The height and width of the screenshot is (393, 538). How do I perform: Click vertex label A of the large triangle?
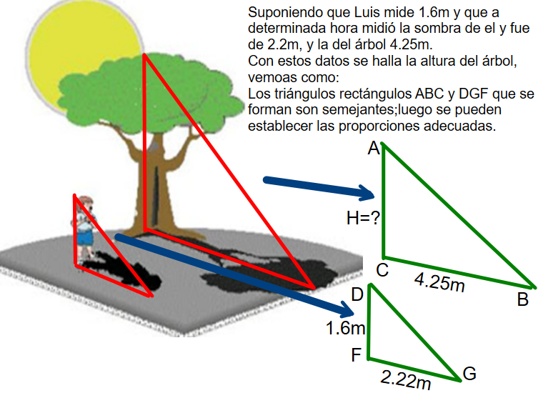coord(374,149)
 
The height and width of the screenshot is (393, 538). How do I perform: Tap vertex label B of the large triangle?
coord(523,299)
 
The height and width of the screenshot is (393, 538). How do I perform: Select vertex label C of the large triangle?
coord(382,270)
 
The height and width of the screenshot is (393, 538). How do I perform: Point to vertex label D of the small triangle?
coord(357,294)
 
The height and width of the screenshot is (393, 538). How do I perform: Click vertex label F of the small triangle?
coord(357,355)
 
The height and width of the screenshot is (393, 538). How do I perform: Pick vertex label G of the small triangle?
coord(469,374)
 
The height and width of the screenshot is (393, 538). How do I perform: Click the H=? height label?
coord(364,218)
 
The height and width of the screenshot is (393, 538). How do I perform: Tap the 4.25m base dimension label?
coord(440,282)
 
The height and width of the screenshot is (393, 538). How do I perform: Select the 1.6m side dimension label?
coord(346,328)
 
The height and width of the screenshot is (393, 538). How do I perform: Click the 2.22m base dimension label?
coord(406,379)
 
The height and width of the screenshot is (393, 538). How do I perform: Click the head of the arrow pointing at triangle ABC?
coord(367,193)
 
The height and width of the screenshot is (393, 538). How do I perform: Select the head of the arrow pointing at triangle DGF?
coord(347,309)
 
